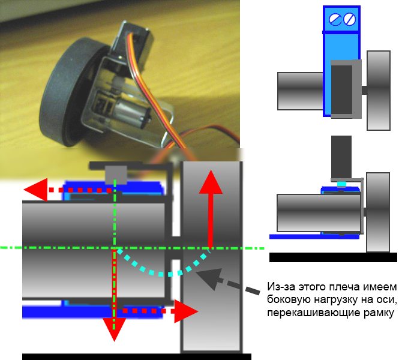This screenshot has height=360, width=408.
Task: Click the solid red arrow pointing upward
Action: click(209, 204)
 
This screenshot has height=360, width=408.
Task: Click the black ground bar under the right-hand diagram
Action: click(333, 257)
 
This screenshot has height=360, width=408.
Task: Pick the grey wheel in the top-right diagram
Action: click(378, 90)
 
